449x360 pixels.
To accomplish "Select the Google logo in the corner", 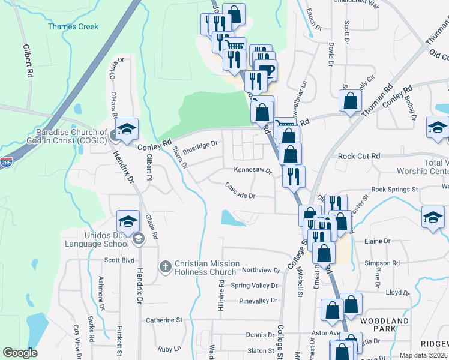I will (x=20, y=353).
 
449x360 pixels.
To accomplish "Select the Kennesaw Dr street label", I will (x=253, y=170).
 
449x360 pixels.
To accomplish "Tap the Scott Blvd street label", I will (x=119, y=260).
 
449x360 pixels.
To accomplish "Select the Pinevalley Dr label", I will (x=258, y=301).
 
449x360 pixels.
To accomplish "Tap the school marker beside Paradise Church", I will (x=127, y=128).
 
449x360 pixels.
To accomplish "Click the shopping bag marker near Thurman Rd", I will (x=350, y=100).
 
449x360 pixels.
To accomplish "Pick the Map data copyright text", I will (x=423, y=355).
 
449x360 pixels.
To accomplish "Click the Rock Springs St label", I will (x=394, y=190).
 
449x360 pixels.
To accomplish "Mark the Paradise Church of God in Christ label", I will (x=71, y=136).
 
